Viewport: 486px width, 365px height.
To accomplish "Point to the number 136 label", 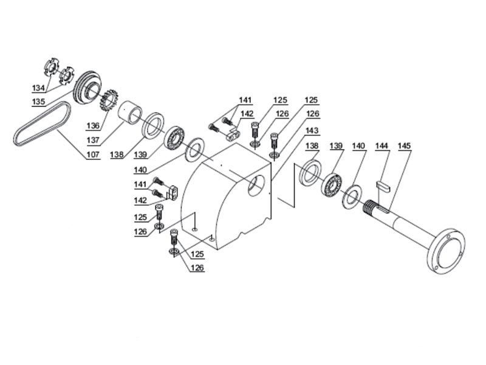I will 92,126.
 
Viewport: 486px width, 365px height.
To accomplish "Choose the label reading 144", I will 381,147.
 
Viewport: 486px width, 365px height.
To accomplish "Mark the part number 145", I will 405,147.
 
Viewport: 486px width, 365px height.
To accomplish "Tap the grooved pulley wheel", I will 89,91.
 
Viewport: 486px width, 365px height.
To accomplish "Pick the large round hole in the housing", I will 256,186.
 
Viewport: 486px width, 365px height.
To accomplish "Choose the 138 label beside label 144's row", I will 312,147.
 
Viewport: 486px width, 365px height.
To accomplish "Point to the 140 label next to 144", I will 358,147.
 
